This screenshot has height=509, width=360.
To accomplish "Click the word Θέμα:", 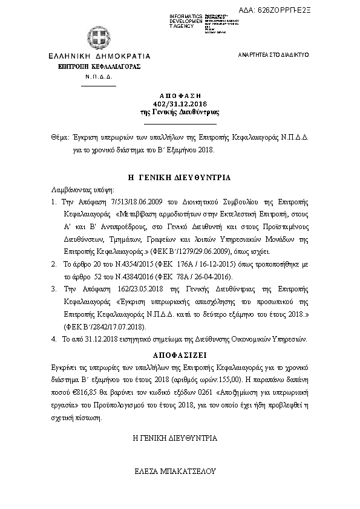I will pyautogui.click(x=60, y=137).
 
